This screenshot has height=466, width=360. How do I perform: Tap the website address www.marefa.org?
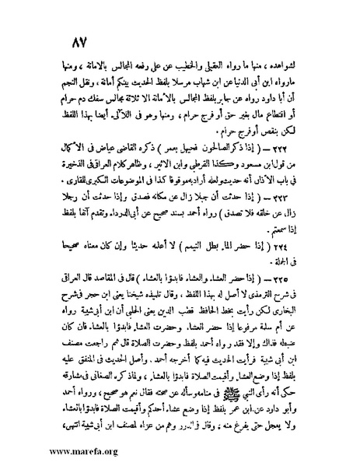tap(51, 450)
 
